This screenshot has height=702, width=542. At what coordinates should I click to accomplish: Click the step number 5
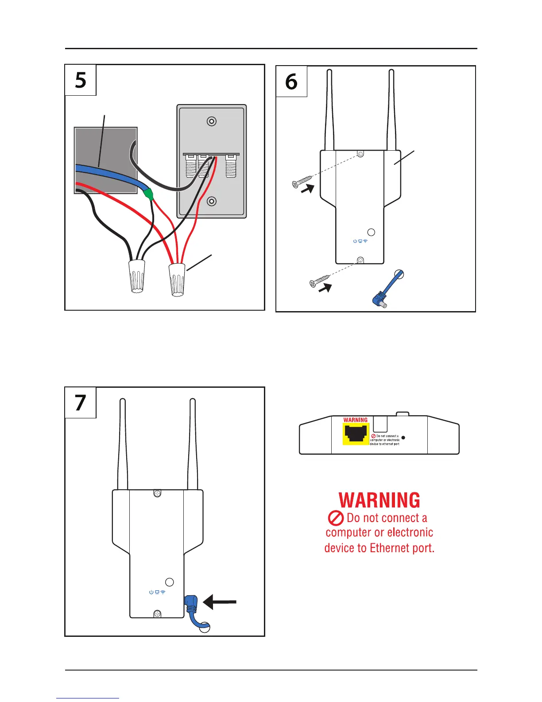point(81,80)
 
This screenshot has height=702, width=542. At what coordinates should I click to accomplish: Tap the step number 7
point(80,402)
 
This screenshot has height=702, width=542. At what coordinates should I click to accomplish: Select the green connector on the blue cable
point(149,194)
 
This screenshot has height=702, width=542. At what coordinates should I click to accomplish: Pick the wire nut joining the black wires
point(137,276)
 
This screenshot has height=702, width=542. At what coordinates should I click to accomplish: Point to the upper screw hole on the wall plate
point(212,121)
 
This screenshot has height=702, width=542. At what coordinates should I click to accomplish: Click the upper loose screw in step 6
point(302,182)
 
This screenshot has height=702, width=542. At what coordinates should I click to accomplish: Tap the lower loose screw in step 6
point(320,281)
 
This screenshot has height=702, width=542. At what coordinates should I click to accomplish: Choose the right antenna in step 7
point(193,443)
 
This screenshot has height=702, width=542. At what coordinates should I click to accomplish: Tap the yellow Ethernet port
point(356,433)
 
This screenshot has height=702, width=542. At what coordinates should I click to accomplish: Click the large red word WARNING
point(379,500)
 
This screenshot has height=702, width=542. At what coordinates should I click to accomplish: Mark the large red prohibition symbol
point(336,518)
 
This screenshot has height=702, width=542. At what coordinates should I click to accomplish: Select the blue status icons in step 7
point(157,592)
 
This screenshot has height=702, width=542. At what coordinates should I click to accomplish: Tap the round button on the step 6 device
point(372,232)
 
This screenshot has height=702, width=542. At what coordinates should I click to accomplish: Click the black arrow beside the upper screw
point(308,189)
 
